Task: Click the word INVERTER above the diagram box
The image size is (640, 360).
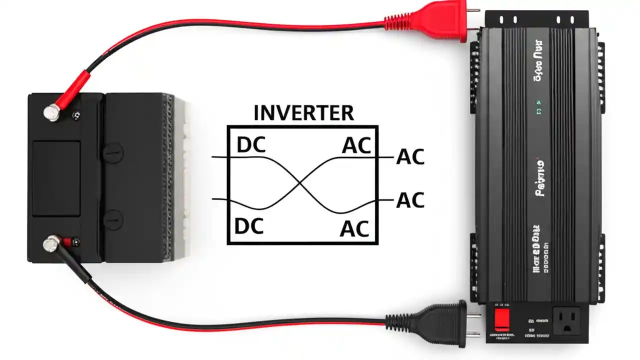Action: point(303,113)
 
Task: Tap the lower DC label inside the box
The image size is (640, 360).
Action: point(248,226)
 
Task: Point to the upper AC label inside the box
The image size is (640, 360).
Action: point(356,146)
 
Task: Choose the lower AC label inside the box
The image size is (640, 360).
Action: point(354,229)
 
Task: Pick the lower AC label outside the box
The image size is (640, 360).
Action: point(410,200)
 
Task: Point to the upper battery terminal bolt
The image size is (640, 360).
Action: point(51,113)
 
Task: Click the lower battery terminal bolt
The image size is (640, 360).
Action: point(50,244)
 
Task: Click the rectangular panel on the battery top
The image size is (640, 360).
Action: point(56,178)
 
